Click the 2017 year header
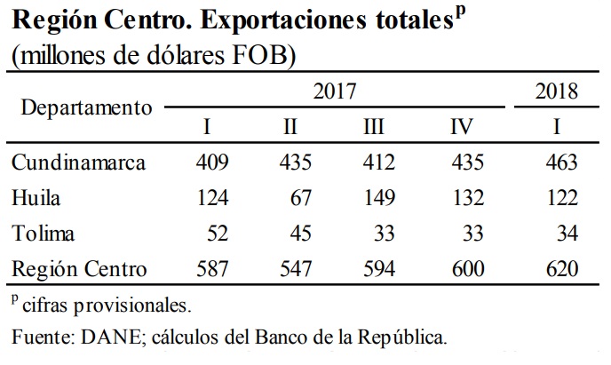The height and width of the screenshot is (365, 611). click(335, 91)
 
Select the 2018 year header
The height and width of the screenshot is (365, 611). click(557, 91)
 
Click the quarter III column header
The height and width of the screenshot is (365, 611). click(373, 126)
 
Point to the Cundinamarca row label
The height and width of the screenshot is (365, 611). click(80, 163)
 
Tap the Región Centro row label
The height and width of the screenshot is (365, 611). click(80, 268)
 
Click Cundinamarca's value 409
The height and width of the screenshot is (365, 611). click(211, 163)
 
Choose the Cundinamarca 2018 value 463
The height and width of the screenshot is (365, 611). click(560, 163)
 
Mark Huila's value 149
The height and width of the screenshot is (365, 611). click(379, 198)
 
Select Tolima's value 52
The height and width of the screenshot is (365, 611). click(217, 234)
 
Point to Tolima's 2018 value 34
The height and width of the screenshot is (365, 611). click(566, 234)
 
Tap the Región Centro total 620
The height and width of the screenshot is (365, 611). click(560, 268)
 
